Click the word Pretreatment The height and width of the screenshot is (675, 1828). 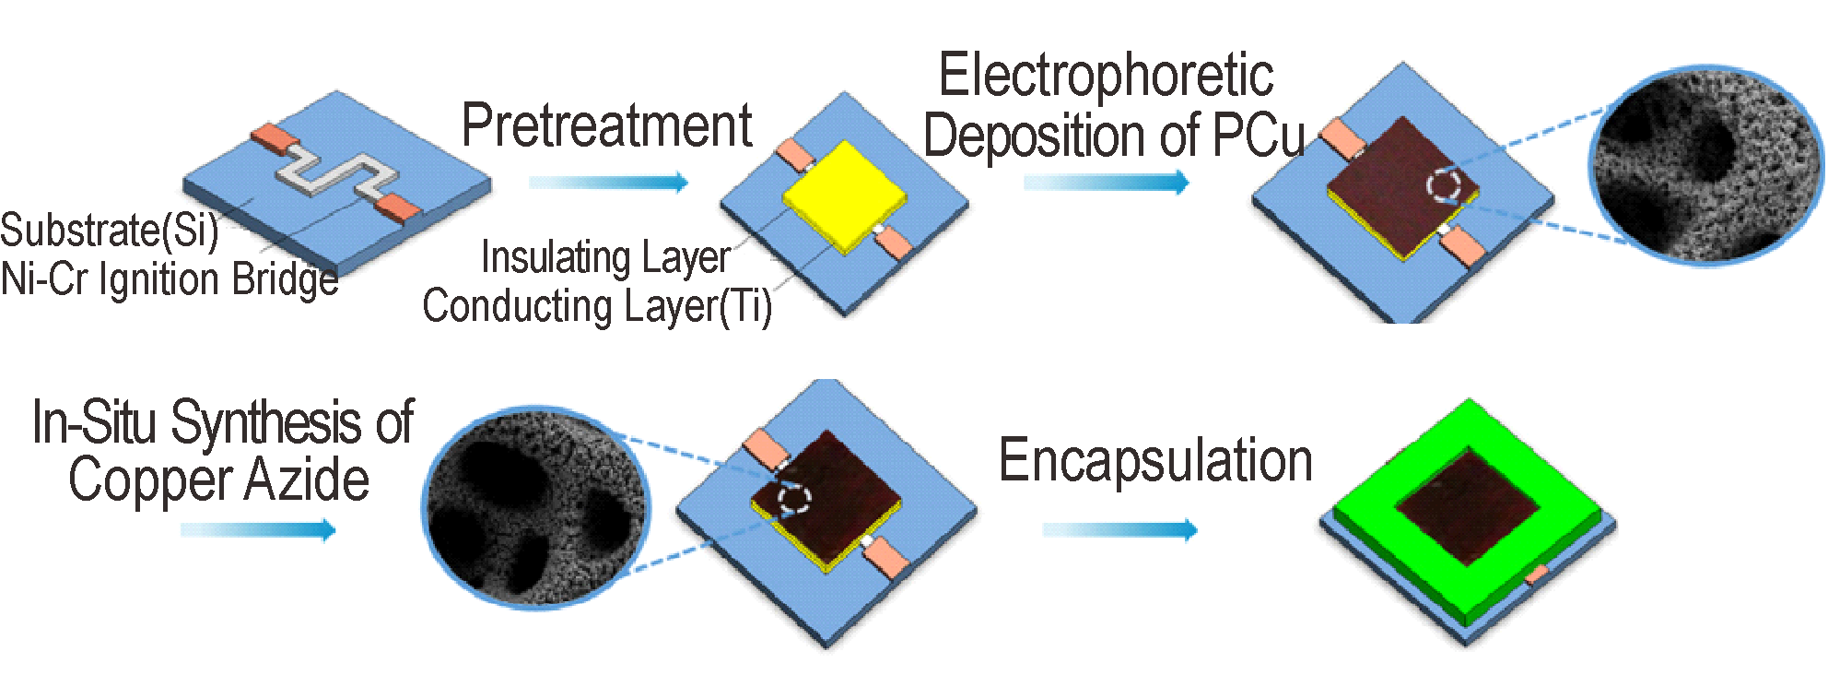pyautogui.click(x=607, y=125)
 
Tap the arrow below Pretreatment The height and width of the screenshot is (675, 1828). pyautogui.click(x=609, y=182)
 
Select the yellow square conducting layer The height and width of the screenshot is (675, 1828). pyautogui.click(x=844, y=196)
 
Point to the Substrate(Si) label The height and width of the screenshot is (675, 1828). pyautogui.click(x=110, y=230)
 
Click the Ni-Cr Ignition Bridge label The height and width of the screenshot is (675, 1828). pyautogui.click(x=170, y=279)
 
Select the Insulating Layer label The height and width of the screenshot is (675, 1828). pyautogui.click(x=605, y=257)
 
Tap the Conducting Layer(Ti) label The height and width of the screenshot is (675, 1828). pyautogui.click(x=597, y=306)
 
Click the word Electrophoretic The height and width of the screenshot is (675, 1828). pyautogui.click(x=1106, y=75)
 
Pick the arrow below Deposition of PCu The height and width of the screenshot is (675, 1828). pyautogui.click(x=1107, y=182)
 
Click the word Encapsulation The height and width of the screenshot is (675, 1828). pyautogui.click(x=1155, y=460)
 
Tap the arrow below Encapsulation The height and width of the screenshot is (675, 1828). pyautogui.click(x=1119, y=529)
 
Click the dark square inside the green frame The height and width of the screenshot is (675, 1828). pyautogui.click(x=1468, y=506)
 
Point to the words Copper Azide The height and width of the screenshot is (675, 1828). pyautogui.click(x=218, y=480)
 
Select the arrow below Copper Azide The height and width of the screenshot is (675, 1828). pyautogui.click(x=258, y=529)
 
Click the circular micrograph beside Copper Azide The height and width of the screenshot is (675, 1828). pyautogui.click(x=536, y=508)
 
